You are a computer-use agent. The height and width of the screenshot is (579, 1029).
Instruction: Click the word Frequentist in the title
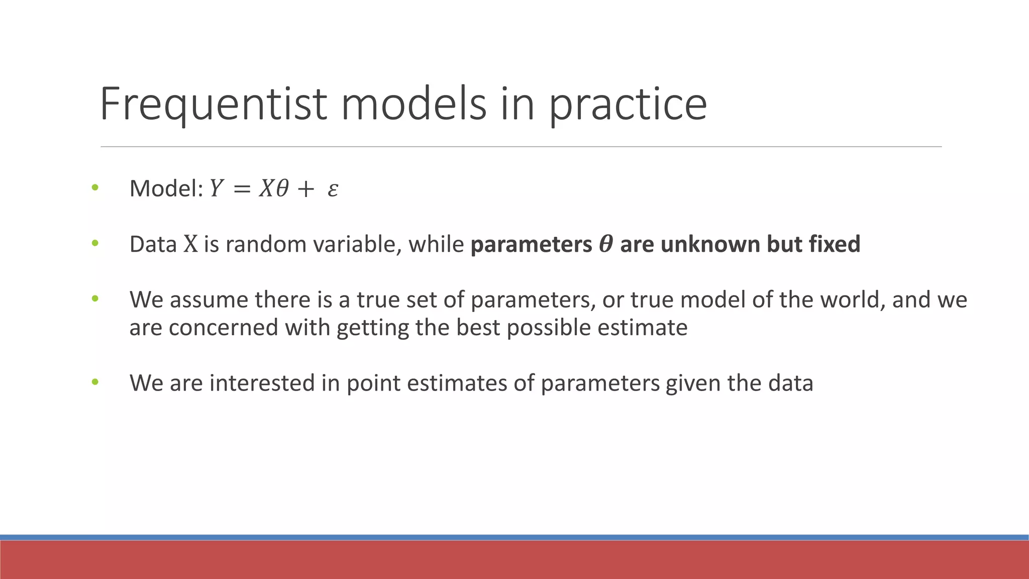(x=214, y=104)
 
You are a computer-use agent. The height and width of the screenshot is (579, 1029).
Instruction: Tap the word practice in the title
(x=628, y=104)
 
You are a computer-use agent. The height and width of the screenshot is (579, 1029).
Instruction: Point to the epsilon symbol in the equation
(x=333, y=189)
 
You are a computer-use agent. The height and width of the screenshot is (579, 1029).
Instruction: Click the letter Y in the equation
(x=216, y=189)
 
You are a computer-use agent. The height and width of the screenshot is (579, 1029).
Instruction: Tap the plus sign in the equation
(x=305, y=189)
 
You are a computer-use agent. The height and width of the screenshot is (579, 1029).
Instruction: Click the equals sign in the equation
(x=241, y=189)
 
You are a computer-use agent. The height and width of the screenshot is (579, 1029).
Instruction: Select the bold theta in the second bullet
(x=606, y=244)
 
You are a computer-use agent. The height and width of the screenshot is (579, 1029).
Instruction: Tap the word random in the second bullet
(x=266, y=244)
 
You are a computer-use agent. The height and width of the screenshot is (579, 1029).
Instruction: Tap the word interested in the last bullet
(x=262, y=383)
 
